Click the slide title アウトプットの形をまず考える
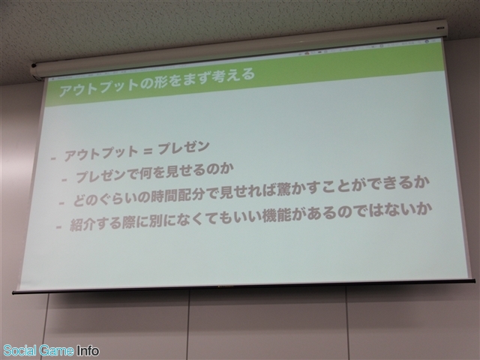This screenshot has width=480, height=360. (x=157, y=82)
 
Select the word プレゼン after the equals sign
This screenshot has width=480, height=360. (x=184, y=148)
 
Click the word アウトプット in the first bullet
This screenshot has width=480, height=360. (x=101, y=153)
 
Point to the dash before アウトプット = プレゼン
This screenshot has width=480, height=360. (x=53, y=158)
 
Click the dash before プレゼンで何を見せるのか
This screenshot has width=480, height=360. (x=64, y=180)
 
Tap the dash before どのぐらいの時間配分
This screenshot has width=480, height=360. (x=61, y=203)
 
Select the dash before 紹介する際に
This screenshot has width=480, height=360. (x=58, y=226)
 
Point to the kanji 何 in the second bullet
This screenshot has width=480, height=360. (x=145, y=175)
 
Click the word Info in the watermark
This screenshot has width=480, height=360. (x=88, y=350)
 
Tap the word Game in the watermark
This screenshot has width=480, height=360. (x=57, y=350)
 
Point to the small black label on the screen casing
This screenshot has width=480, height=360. (x=441, y=27)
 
